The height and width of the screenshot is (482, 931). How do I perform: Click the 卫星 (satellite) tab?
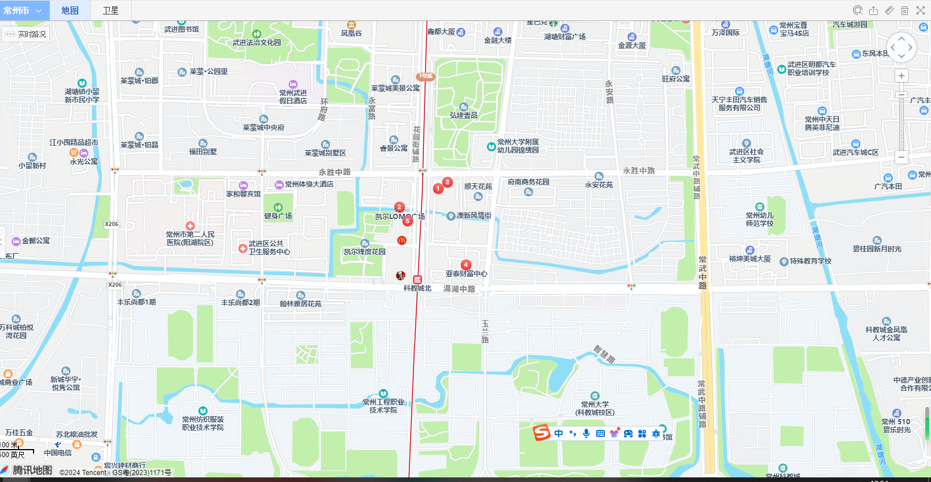(110, 10)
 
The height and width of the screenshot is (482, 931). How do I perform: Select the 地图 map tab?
(70, 10)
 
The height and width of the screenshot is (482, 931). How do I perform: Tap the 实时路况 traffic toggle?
(26, 34)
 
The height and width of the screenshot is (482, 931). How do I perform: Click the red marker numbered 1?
(438, 188)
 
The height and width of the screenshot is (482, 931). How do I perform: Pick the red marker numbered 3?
(447, 182)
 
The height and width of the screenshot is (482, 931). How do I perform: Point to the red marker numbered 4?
(465, 265)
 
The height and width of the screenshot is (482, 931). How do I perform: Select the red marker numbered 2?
(399, 207)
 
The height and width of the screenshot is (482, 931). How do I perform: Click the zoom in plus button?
(901, 76)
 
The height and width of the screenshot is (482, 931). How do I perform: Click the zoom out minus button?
(901, 157)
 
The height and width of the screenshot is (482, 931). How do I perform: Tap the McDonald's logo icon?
(402, 240)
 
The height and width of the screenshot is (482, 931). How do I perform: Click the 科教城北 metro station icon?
(418, 280)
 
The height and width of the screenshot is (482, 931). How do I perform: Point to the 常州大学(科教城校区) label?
(594, 408)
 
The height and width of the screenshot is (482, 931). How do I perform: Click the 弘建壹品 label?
(464, 115)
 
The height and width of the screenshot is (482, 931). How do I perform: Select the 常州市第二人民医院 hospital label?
(190, 238)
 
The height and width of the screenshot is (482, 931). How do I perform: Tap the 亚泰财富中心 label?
(466, 274)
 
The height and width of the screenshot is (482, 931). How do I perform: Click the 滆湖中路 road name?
(459, 288)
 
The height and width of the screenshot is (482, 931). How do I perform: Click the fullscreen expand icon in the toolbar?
(921, 10)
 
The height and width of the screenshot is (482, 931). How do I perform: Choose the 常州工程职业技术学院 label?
(383, 406)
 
